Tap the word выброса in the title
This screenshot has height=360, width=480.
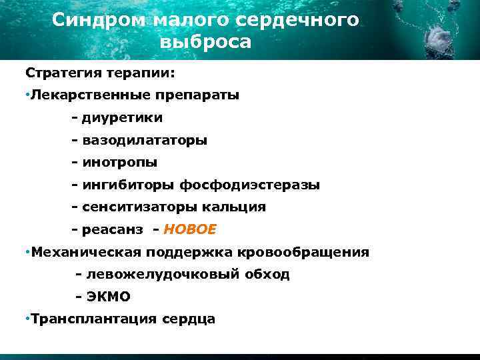(206, 43)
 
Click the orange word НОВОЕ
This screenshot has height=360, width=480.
(190, 230)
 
